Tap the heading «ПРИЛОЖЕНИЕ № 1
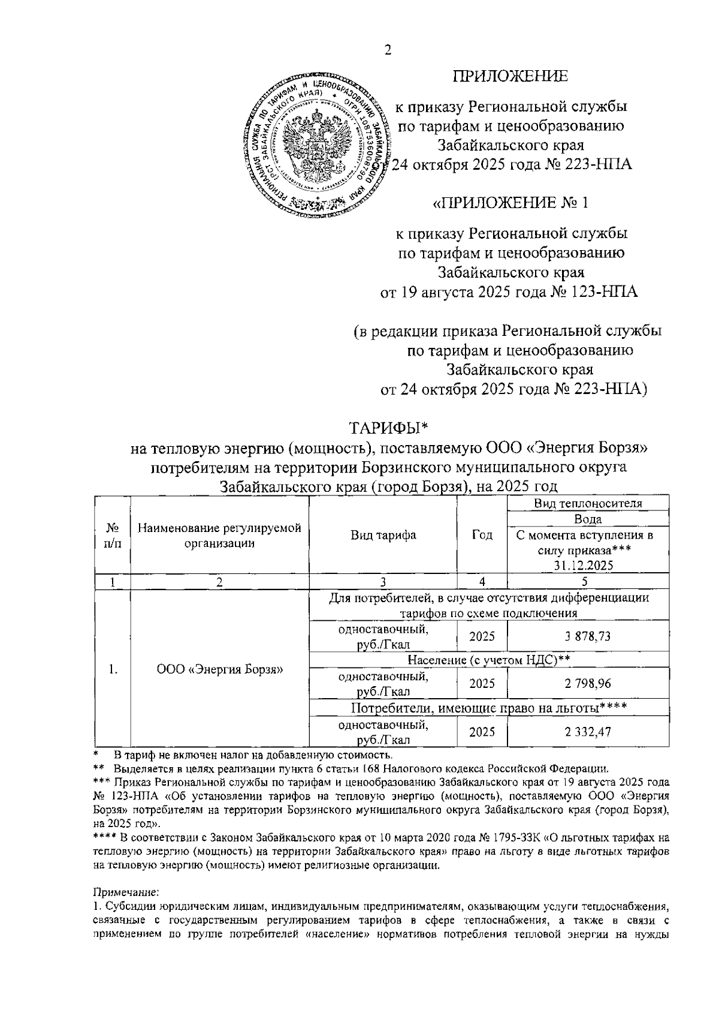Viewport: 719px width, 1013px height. [x=510, y=203]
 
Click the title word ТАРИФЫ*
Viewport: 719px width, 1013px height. [x=389, y=428]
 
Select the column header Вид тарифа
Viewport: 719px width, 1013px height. [x=383, y=535]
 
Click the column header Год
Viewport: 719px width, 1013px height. [x=482, y=535]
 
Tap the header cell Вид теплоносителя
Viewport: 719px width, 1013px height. [x=588, y=503]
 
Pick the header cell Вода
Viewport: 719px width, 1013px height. [x=588, y=519]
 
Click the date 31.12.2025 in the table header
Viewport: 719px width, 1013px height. [x=588, y=565]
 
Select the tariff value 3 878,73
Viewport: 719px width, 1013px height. [x=588, y=636]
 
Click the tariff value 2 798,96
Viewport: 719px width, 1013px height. [x=588, y=683]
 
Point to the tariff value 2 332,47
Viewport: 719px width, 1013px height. [x=588, y=731]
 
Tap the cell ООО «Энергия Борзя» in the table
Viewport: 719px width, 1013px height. [x=220, y=669]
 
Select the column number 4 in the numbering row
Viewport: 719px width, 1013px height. [x=482, y=581]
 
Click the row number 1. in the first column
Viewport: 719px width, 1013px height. [x=112, y=669]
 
